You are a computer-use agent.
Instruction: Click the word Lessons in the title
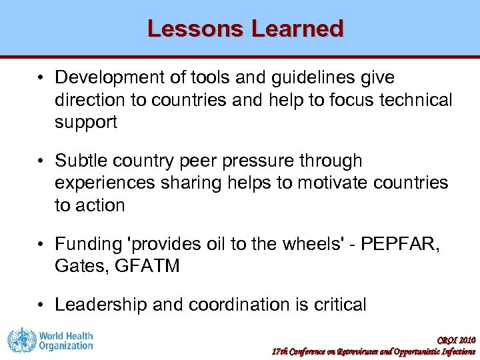pos(194,29)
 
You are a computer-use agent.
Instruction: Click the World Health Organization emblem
pos(20,340)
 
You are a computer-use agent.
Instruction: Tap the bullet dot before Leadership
pos(41,305)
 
